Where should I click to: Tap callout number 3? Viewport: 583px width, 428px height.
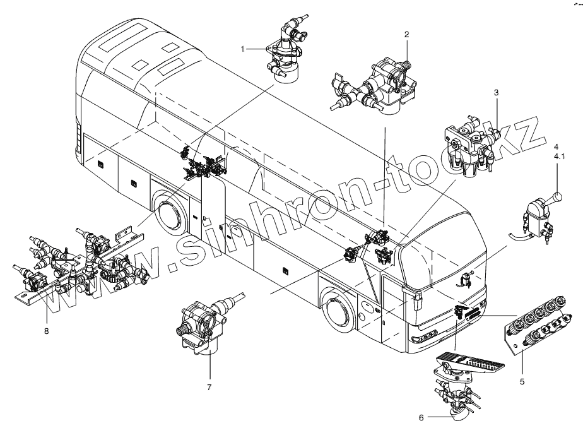click(497, 93)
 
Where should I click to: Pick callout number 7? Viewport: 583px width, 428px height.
click(209, 386)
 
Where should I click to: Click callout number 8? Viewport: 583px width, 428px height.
click(46, 330)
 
